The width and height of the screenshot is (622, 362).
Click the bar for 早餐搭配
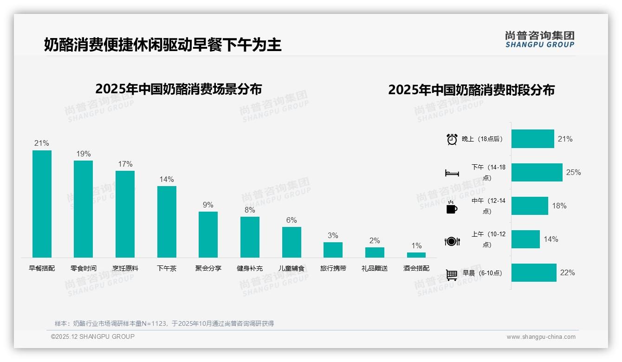(42, 204)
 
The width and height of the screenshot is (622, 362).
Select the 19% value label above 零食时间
(84, 154)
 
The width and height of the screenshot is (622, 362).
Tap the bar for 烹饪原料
(125, 214)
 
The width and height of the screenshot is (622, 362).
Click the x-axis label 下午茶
(167, 268)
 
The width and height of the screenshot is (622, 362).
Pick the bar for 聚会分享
(208, 234)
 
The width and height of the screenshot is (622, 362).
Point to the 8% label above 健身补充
(250, 210)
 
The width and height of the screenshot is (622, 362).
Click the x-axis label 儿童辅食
(292, 268)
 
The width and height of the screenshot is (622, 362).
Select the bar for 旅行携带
(333, 250)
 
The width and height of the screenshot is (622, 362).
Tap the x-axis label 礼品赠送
(375, 268)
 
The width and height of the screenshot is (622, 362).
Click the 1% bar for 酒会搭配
(416, 255)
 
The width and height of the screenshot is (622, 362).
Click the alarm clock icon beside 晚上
(452, 139)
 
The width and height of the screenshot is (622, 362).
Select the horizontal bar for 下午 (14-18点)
(537, 172)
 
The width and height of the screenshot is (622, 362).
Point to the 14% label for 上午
(551, 239)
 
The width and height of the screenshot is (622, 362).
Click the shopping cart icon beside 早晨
(452, 275)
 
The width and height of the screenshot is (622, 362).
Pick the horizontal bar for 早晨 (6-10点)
(534, 273)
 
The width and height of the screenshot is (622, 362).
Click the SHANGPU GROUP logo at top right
(539, 39)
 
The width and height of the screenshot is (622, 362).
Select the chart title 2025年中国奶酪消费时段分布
(471, 90)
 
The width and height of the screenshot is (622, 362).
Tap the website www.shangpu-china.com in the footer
(541, 337)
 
